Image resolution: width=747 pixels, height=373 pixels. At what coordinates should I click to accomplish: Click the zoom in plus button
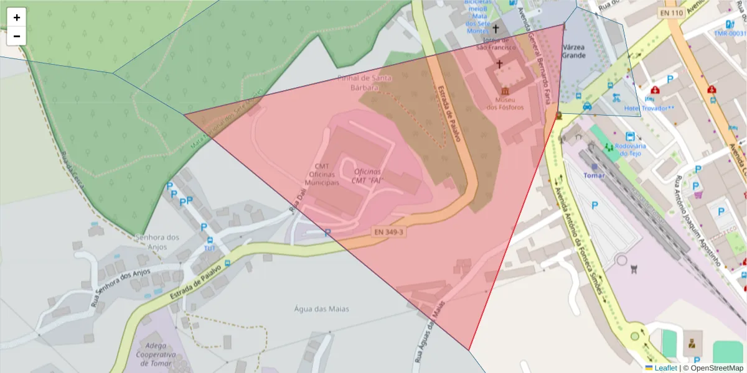tap(17, 17)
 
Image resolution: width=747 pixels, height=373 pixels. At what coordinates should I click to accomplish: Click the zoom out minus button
tap(17, 36)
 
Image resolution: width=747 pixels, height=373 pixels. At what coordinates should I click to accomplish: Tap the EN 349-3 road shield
tap(389, 232)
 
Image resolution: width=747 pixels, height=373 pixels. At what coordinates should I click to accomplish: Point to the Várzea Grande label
tap(573, 51)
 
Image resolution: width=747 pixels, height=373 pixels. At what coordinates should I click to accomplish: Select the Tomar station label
tap(594, 175)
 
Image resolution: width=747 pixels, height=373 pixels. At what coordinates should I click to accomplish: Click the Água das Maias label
tap(321, 308)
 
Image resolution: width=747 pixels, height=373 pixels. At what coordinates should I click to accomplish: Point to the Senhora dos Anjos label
tap(157, 241)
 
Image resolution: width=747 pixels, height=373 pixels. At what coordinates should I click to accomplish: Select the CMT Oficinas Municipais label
tap(322, 175)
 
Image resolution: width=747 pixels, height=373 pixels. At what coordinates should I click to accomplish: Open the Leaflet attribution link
tap(665, 368)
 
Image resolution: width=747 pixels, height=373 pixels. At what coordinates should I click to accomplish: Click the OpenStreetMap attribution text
tap(713, 368)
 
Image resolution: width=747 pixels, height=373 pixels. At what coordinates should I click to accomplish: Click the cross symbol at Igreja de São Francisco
tap(496, 29)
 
